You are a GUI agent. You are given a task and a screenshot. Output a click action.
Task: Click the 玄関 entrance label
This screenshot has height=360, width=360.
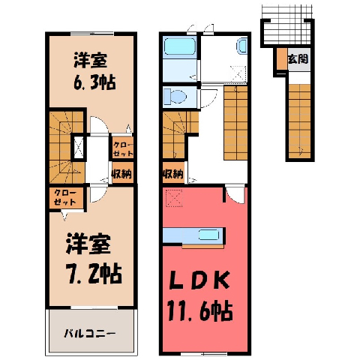pyautogui.click(x=298, y=59)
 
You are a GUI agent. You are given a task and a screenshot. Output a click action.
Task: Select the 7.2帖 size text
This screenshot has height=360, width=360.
pyautogui.click(x=94, y=273)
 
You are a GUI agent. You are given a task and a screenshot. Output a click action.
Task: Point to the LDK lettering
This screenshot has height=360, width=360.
pyautogui.click(x=199, y=280)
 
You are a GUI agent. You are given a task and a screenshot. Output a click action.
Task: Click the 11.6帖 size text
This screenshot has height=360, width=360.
pyautogui.click(x=201, y=311)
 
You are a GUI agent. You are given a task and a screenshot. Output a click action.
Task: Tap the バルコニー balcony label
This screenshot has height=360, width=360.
pyautogui.click(x=90, y=333)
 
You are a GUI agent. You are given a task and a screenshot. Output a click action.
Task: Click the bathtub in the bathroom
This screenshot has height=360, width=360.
pyautogui.click(x=179, y=46)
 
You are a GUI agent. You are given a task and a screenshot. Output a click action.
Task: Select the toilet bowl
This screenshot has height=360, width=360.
pyautogui.click(x=175, y=97)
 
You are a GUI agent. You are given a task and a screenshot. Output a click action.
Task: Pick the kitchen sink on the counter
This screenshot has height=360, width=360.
pyautogui.click(x=209, y=235)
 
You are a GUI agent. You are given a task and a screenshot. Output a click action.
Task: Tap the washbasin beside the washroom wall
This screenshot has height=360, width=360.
pyautogui.click(x=241, y=46)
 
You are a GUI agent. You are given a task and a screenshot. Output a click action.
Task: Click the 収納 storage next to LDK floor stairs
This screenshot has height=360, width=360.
pyautogui.click(x=173, y=173)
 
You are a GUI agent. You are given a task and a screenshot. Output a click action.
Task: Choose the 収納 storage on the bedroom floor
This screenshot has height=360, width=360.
pyautogui.click(x=122, y=173)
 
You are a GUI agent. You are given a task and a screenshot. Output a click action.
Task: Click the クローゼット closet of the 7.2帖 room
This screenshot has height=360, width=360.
pyautogui.click(x=66, y=197)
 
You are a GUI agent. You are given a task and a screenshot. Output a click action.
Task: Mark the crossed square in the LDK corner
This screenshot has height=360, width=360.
pyautogui.click(x=174, y=198)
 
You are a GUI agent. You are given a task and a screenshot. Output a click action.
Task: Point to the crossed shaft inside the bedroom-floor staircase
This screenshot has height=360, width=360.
pyautogui.click(x=79, y=148)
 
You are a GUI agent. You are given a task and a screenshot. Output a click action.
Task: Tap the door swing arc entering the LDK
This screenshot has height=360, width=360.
pyautogui.click(x=234, y=197)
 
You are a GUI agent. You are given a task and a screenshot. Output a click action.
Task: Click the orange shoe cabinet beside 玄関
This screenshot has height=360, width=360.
pyautogui.click(x=283, y=58)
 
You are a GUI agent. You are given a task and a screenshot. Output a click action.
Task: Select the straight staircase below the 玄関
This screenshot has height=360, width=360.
pyautogui.click(x=299, y=121)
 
